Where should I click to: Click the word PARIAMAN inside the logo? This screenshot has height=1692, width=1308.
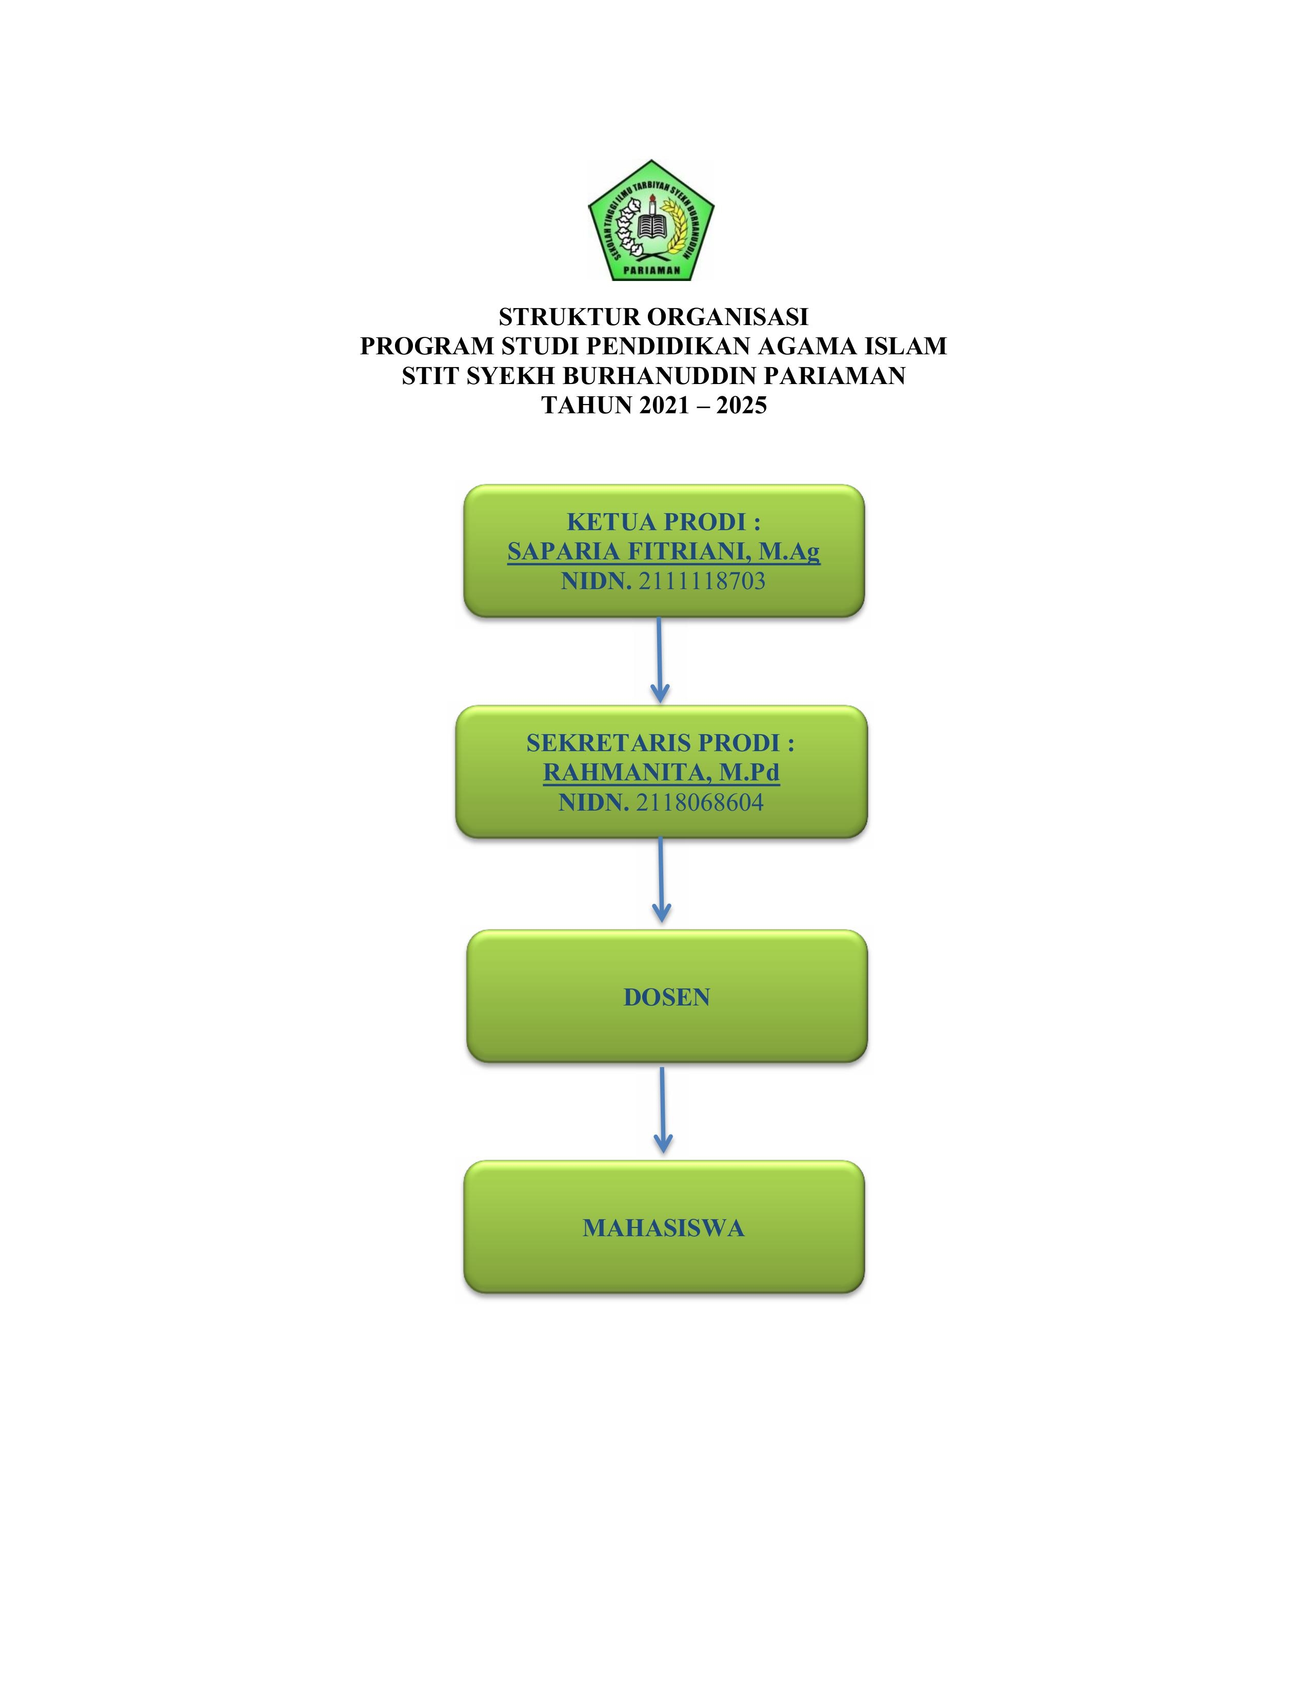651,270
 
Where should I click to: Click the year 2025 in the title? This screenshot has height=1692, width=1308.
742,405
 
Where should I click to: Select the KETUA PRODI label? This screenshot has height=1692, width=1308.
663,521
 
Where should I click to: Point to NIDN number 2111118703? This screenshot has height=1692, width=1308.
702,581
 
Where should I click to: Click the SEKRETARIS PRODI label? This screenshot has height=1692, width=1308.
660,742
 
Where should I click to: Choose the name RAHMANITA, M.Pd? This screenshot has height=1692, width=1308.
661,772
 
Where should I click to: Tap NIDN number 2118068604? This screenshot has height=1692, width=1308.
700,802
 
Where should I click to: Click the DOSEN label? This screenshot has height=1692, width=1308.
666,997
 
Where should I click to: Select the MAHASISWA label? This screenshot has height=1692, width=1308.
663,1228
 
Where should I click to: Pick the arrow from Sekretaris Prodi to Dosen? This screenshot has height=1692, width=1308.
660,880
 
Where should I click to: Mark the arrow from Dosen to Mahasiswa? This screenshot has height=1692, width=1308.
663,1110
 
